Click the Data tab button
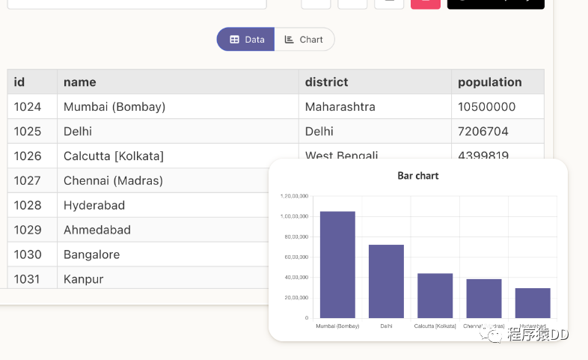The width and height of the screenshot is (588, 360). pos(246,40)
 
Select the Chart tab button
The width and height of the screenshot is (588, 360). pos(304,40)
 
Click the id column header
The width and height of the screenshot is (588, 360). pos(19,82)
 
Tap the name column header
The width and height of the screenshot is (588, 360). pos(80,82)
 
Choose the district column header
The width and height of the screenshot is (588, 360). pos(326,82)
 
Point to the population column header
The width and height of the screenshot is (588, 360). pos(489,82)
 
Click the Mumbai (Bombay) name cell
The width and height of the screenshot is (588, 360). pos(114,106)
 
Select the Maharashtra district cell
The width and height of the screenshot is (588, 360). pos(340,106)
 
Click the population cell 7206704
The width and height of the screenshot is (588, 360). pos(483,131)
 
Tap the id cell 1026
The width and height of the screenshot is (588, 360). pos(28,156)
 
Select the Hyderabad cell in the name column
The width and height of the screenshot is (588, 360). pos(94,205)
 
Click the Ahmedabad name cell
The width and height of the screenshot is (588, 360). pos(97,230)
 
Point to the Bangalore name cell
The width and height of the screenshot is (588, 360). pos(91,254)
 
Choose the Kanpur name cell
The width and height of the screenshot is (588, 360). pos(83,279)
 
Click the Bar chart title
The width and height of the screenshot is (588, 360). pos(418,176)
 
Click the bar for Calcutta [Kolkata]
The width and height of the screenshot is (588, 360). pos(435,296)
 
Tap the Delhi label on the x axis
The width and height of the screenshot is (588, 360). pos(386,326)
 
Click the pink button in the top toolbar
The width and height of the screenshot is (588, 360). pos(426,2)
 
